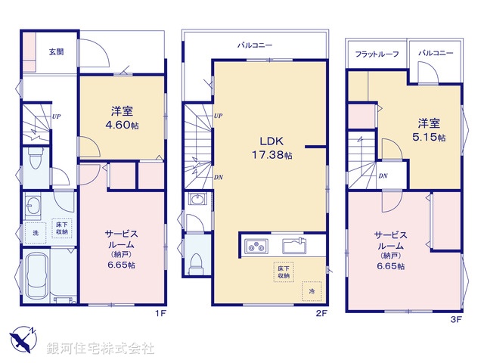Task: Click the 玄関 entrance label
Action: pos(56,52)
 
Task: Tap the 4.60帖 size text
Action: pos(122,125)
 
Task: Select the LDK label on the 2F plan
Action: pos(271,141)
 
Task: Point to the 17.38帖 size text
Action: pos(271,155)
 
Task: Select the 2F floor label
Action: pos(321,312)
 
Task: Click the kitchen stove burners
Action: pos(256,246)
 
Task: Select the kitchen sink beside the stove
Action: pos(294,246)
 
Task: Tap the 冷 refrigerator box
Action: pos(311,290)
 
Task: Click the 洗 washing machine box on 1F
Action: pos(34,231)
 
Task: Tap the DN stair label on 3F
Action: pos(383,176)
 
